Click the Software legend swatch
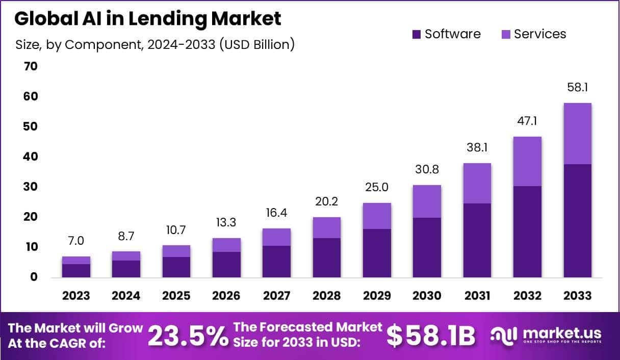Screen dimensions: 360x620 click(x=416, y=35)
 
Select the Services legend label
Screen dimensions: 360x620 click(x=539, y=34)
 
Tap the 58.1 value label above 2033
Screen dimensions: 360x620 click(x=577, y=88)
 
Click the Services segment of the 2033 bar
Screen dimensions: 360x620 click(x=577, y=134)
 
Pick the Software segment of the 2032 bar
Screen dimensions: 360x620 click(x=527, y=232)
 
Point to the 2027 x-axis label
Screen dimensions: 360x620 click(x=276, y=296)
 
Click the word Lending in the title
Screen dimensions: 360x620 click(x=158, y=19)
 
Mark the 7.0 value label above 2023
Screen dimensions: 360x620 click(x=76, y=241)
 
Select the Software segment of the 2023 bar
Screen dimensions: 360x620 click(x=76, y=271)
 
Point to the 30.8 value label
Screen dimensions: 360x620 click(x=427, y=169)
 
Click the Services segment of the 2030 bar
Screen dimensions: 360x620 click(x=427, y=201)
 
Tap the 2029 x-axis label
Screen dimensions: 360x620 click(x=377, y=296)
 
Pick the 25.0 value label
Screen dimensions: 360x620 click(x=377, y=187)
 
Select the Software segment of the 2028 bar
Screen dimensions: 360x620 click(x=326, y=258)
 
